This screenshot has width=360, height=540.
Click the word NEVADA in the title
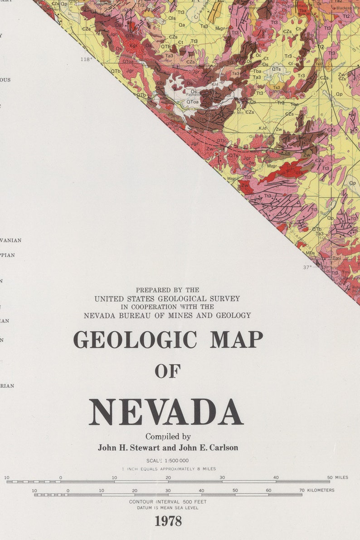pos(166,412)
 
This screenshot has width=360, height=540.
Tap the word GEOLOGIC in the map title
pos(135,340)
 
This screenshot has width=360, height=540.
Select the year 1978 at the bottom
pos(168,521)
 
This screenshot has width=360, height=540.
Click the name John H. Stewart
pos(125,448)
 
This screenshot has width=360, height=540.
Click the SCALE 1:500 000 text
pos(168,461)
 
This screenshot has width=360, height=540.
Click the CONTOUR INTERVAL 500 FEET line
pos(168,501)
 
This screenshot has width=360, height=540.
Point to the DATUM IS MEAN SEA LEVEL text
pos(168,508)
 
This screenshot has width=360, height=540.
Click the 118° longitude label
pos(86,59)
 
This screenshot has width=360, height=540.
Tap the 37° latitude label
pos(307,268)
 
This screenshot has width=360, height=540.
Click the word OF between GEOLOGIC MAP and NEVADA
pos(168,371)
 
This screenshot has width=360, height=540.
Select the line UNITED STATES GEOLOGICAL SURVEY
pos(167,299)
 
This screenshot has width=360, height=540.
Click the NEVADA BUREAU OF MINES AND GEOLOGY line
pos(167,315)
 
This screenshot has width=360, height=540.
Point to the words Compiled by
pos(168,437)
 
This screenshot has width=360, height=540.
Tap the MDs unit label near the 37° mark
pos(310,253)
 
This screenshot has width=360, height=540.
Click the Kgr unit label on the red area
pos(133,45)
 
